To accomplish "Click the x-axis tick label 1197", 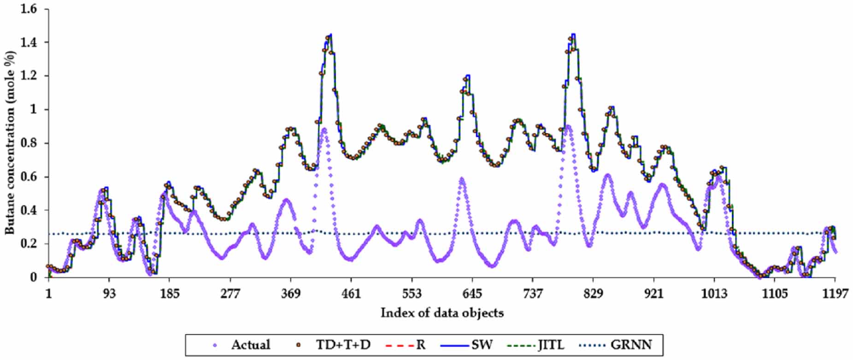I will pyautogui.click(x=835, y=294).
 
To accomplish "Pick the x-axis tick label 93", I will pyautogui.click(x=109, y=294).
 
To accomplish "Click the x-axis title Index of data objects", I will pyautogui.click(x=442, y=313).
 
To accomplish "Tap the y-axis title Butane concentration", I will pyautogui.click(x=10, y=142).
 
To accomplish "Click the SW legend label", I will pyautogui.click(x=482, y=345).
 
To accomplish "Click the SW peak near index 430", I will pyautogui.click(x=330, y=35).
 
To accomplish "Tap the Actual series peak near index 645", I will pyautogui.click(x=461, y=179).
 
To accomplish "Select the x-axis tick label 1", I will pyautogui.click(x=49, y=294).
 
